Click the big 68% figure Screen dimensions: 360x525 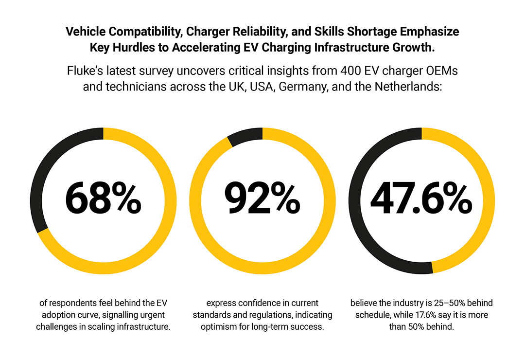(x=103, y=199)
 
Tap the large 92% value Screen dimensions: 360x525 (x=262, y=199)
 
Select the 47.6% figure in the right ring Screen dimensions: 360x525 (x=421, y=199)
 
